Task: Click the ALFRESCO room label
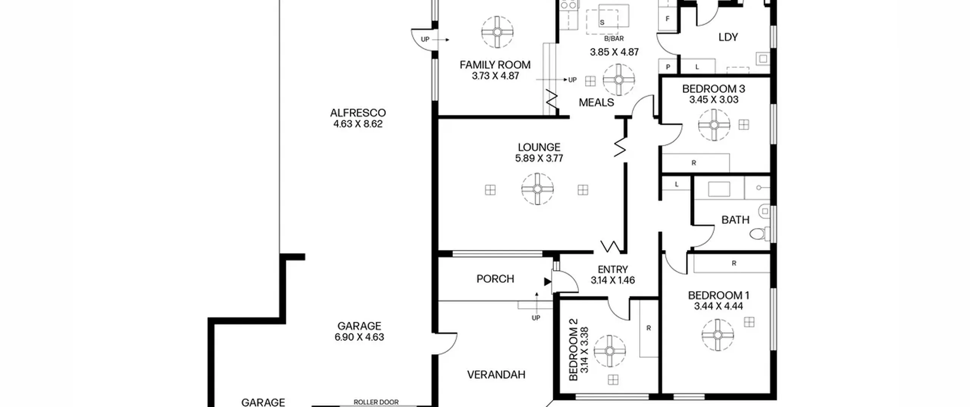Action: pos(358,113)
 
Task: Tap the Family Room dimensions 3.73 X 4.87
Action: pos(495,76)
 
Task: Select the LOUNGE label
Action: pos(539,147)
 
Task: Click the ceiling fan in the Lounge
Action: pos(537,189)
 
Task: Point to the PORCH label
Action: pos(495,279)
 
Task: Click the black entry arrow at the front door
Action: pos(548,282)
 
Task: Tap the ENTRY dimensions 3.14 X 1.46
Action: pos(613,280)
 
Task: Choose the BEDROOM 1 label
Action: pos(718,295)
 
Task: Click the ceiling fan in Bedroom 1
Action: pos(718,335)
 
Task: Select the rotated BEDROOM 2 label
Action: pos(573,354)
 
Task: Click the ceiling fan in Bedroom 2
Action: pos(610,351)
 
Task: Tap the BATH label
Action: pos(735,220)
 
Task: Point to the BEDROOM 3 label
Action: pos(713,89)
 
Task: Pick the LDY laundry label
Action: pos(728,37)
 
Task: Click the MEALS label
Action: pos(596,103)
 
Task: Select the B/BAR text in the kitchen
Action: pos(614,39)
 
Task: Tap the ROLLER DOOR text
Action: pos(376,402)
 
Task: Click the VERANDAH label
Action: pos(496,375)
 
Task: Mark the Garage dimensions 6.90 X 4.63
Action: pos(359,337)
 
